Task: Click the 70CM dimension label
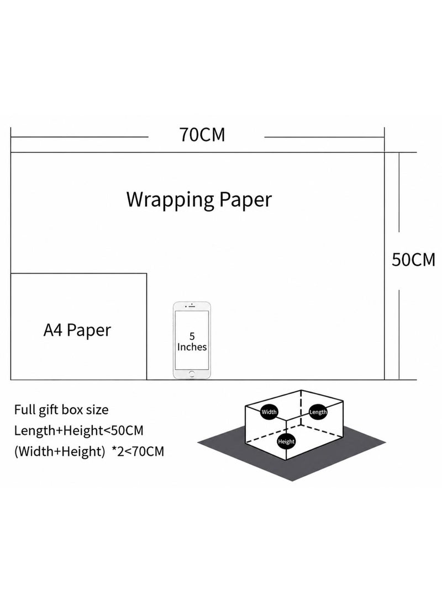(x=202, y=135)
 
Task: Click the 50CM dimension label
(x=414, y=260)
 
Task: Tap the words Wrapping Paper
(x=199, y=200)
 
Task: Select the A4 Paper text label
(x=77, y=330)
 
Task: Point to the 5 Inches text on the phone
(x=192, y=342)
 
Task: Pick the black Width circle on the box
(x=269, y=412)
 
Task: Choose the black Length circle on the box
(x=318, y=412)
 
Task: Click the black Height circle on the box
(x=286, y=441)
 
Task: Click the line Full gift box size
(x=61, y=410)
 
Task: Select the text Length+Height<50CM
(x=79, y=431)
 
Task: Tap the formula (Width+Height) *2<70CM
(x=89, y=451)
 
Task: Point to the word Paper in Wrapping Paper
(x=246, y=200)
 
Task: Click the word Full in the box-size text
(x=24, y=409)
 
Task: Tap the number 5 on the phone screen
(x=192, y=337)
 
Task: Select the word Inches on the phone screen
(x=192, y=347)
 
